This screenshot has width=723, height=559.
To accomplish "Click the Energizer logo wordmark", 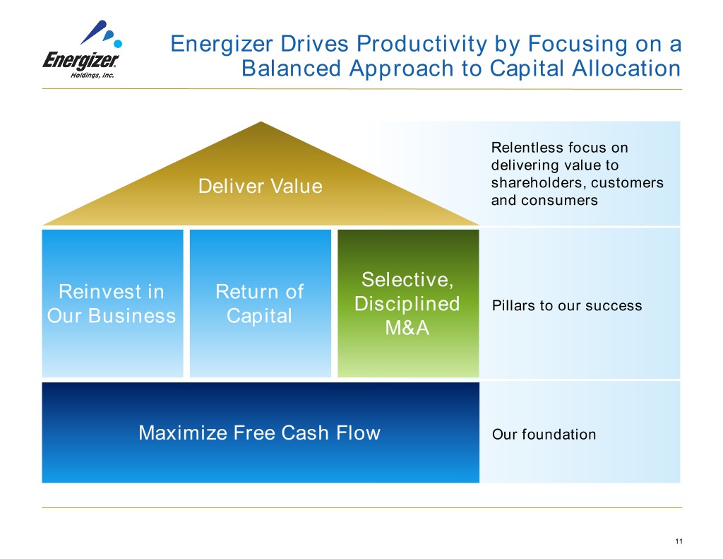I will point(80,59).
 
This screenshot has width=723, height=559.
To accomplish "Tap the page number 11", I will point(679,541).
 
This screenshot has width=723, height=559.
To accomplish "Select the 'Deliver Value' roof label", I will point(260,187).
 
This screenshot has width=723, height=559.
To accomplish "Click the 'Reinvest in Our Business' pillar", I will point(112,303).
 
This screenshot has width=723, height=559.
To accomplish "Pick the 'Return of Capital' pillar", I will point(259,303).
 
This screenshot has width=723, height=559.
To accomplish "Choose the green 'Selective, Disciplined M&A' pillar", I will point(407,303).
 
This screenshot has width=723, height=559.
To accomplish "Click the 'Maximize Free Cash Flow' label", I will point(259,433).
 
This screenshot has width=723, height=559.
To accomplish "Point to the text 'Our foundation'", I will point(544,435).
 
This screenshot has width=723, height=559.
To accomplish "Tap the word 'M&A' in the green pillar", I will point(407,329).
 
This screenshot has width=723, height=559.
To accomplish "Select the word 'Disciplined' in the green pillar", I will point(407,304).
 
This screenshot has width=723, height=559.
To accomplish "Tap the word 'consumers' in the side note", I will point(558,200).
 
